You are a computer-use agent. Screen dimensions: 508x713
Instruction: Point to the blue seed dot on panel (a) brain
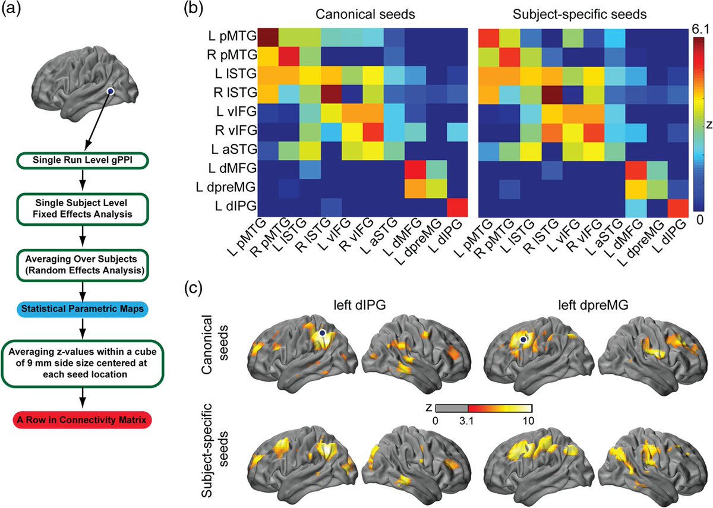tap(110, 91)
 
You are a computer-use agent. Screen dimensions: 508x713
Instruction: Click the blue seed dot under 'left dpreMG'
tap(523, 339)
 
